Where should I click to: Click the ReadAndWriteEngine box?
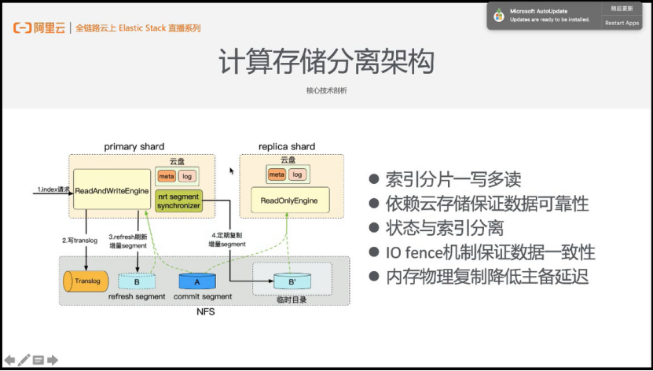pyautogui.click(x=112, y=191)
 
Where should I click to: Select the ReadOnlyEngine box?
pyautogui.click(x=289, y=200)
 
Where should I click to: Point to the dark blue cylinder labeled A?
pyautogui.click(x=196, y=281)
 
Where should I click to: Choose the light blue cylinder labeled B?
pyautogui.click(x=137, y=281)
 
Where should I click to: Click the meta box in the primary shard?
pyautogui.click(x=167, y=176)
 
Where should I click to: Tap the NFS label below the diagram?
pyautogui.click(x=204, y=312)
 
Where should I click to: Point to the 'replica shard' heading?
pyautogui.click(x=287, y=146)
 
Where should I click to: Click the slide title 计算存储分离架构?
pyautogui.click(x=326, y=62)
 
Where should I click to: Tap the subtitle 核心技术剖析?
pyautogui.click(x=326, y=90)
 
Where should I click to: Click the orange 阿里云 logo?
pyautogui.click(x=39, y=28)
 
